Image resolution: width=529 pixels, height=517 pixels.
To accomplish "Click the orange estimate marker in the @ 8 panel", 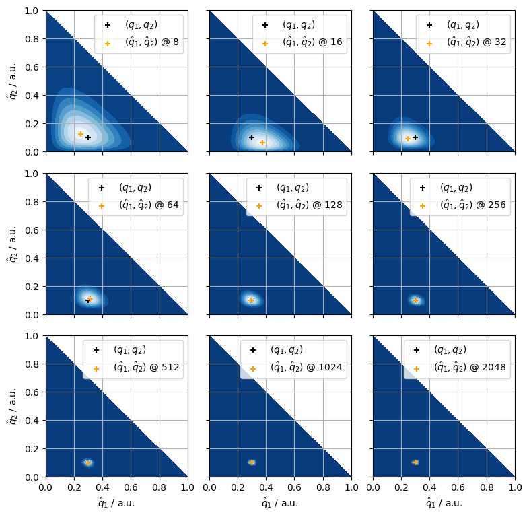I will tap(81, 134).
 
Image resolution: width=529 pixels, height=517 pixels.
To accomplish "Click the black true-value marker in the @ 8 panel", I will tap(88, 137).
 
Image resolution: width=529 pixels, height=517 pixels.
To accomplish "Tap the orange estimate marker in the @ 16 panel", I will tap(262, 143).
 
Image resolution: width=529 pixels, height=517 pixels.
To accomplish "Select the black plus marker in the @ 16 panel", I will tap(252, 137).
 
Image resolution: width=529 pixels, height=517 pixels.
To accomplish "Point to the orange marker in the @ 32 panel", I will tap(407, 139).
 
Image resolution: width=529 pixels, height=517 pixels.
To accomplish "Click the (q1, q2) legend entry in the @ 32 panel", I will tap(462, 25).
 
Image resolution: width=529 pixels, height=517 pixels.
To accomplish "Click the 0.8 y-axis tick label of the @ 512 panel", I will tap(32, 364).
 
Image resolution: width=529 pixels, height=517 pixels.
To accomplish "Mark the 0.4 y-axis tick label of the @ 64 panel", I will tap(32, 258).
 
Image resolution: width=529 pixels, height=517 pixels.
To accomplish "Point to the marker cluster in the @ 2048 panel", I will tap(415, 462).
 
